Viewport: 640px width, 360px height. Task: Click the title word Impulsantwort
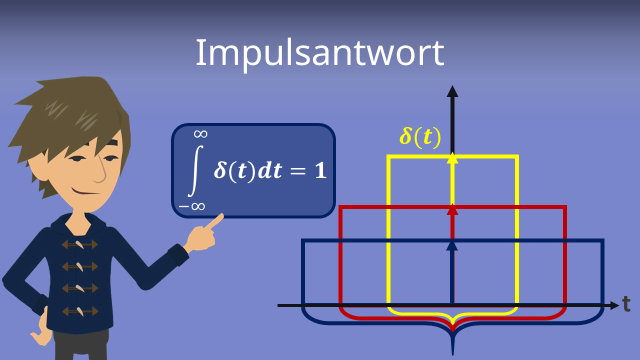tap(319, 52)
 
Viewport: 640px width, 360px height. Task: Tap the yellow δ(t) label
tap(420, 136)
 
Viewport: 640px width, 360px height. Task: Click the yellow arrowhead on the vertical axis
tap(452, 158)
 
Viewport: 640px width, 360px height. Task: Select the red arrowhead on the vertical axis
tap(452, 209)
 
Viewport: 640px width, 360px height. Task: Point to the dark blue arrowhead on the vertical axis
tap(452, 245)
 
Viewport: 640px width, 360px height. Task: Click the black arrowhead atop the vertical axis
tap(452, 91)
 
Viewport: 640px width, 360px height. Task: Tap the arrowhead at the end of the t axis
tap(614, 305)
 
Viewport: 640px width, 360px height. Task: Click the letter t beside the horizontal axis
tap(626, 303)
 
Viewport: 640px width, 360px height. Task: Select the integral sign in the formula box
tap(194, 170)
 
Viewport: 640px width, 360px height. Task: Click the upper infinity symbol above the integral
tap(200, 133)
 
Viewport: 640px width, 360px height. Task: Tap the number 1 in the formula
tap(320, 171)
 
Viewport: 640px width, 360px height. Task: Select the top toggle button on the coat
tap(79, 244)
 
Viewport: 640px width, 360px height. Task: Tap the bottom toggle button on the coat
tap(80, 311)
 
